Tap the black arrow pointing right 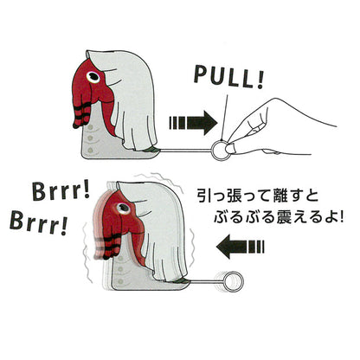coord(193,123)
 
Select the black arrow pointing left coord(240,247)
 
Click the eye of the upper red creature coord(93,76)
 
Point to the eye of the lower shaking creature coord(124,208)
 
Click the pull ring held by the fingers coord(214,151)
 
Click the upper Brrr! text coord(61,191)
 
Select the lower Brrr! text coord(38,224)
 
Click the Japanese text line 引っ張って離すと coord(258,196)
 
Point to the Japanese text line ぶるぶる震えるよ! coord(279,217)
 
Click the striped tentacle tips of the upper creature coord(81,116)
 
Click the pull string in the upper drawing coord(184,150)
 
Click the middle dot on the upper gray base coord(90,138)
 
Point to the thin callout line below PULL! coord(225,117)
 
